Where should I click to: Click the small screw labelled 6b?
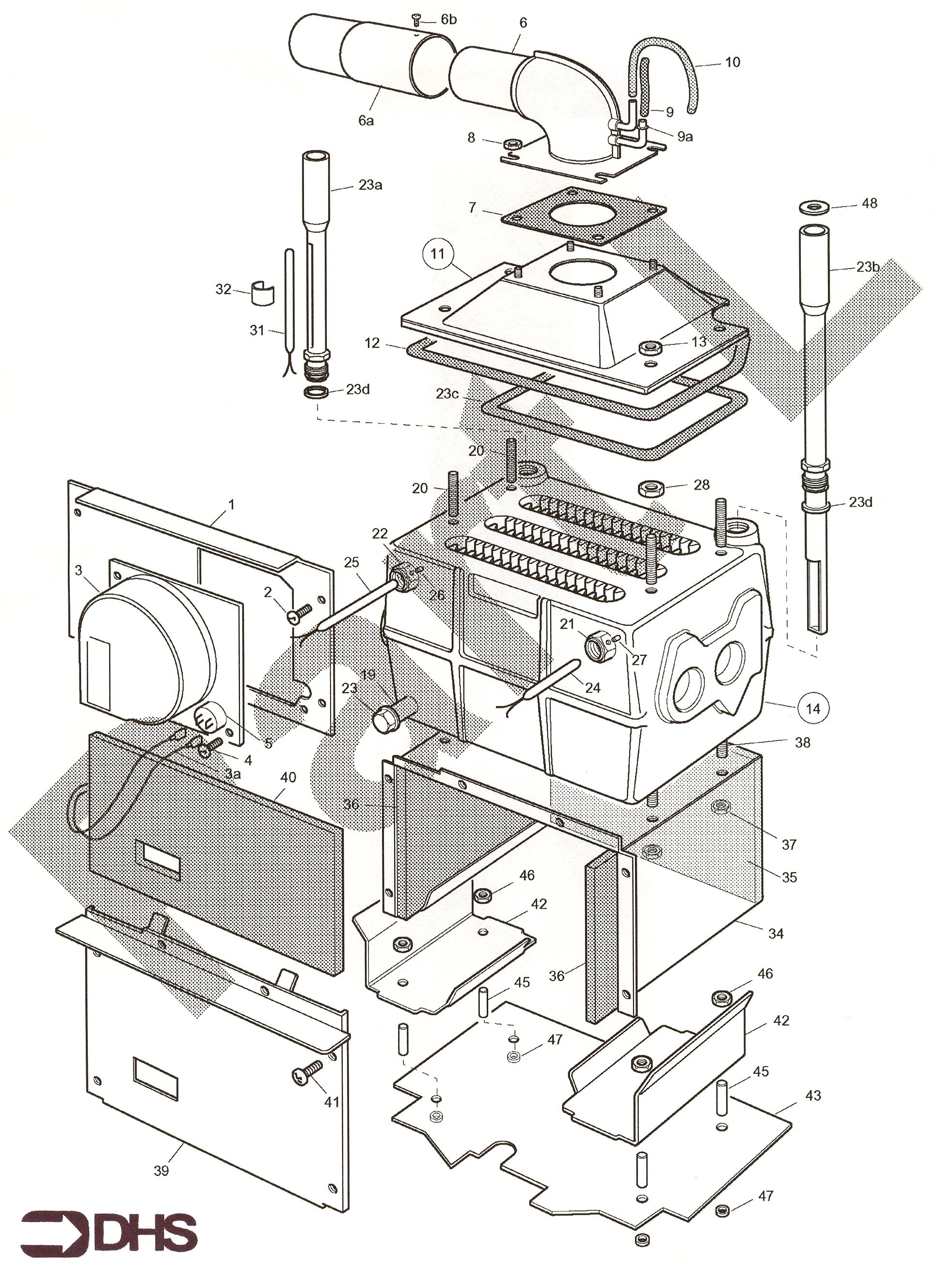tap(415, 21)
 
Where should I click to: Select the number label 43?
tap(812, 1096)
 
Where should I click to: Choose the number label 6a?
tap(366, 120)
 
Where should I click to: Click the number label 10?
tap(732, 62)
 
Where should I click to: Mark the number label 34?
tap(776, 934)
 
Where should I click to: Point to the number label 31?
tap(257, 330)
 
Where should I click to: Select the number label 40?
tap(288, 778)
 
